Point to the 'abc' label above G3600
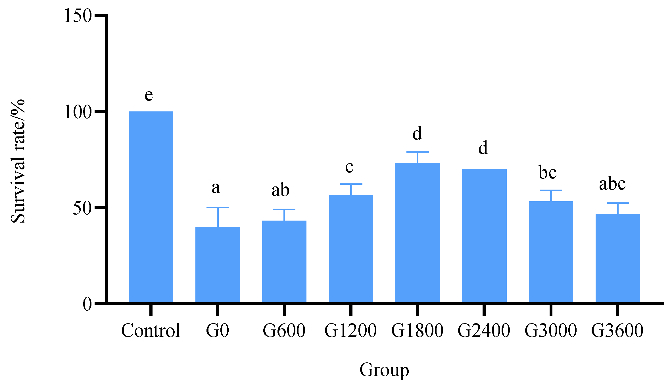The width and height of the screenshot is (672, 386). tap(612, 184)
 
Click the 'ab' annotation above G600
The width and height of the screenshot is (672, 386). tap(280, 190)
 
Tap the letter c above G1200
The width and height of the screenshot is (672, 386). tap(349, 167)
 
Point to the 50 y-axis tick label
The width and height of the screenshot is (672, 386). tap(82, 208)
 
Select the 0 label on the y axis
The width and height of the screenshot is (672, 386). tap(87, 304)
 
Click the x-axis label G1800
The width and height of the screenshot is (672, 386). tap(417, 331)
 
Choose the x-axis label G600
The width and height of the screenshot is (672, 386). tap(284, 331)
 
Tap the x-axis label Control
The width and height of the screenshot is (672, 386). tap(151, 331)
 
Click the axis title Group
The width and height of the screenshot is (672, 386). tap(384, 370)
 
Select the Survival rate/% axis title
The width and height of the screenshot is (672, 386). tap(18, 161)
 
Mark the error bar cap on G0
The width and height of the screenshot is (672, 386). tap(218, 207)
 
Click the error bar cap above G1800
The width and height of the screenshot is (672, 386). tap(418, 152)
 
